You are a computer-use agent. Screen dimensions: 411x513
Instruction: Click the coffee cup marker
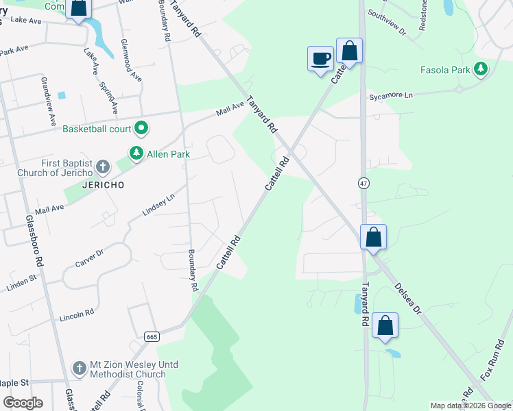coord(320,58)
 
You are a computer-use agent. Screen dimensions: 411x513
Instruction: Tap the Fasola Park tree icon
coord(481,69)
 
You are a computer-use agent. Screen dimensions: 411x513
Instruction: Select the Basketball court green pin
coord(142,128)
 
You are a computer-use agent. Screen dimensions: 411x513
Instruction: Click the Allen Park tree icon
coord(137,153)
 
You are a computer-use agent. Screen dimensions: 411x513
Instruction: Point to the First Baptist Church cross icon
coord(102,166)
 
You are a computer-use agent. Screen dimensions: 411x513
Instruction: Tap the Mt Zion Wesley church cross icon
coord(80,369)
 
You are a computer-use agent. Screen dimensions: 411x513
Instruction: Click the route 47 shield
coord(363,183)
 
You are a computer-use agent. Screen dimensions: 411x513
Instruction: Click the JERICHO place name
coord(103,186)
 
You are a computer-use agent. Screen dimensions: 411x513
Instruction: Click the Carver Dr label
coord(88,258)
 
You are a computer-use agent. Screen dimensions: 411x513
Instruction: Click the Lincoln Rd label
coord(76,316)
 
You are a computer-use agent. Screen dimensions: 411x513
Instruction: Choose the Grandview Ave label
coord(48,101)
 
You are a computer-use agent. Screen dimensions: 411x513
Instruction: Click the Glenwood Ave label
coord(130,62)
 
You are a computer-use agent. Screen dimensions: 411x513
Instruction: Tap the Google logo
coord(22,403)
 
